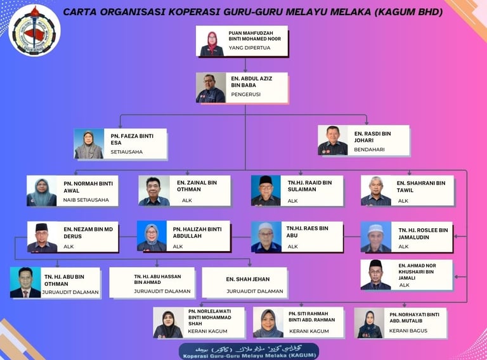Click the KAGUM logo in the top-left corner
[x=35, y=30]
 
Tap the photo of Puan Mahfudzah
[x=211, y=42]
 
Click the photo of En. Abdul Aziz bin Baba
[x=211, y=88]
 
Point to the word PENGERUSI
[x=245, y=94]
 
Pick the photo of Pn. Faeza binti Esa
[x=89, y=145]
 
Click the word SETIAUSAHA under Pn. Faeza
[x=127, y=152]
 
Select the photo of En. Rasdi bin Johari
[x=333, y=140]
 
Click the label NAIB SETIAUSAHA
[x=91, y=200]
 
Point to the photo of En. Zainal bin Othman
[x=154, y=191]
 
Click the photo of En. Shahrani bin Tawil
[x=376, y=191]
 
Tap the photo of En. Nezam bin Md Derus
[x=42, y=237]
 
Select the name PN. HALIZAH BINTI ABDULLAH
[x=197, y=232]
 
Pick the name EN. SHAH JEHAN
[x=247, y=279]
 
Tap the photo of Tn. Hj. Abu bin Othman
[x=25, y=283]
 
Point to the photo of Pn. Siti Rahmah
[x=268, y=323]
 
